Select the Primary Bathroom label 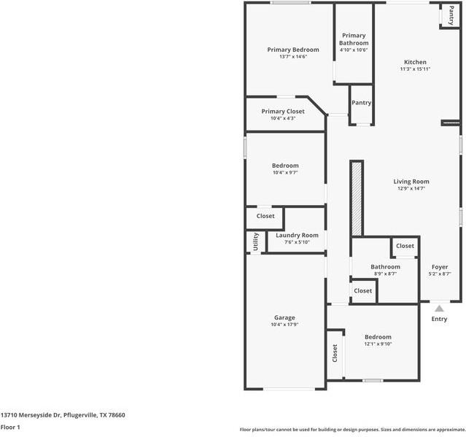click(x=354, y=39)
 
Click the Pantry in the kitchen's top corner click(x=451, y=16)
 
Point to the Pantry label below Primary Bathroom click(x=361, y=103)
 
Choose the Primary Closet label click(x=283, y=112)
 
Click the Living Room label click(x=411, y=181)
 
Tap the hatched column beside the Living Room click(x=356, y=198)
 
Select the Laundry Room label click(x=297, y=235)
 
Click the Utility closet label click(x=255, y=242)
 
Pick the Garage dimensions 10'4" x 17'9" click(x=284, y=325)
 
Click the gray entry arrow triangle click(x=439, y=309)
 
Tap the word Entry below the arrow click(x=439, y=319)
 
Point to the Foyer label click(x=440, y=267)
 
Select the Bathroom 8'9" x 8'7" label click(x=385, y=267)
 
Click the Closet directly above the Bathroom click(x=405, y=247)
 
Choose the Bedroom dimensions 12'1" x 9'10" click(x=378, y=344)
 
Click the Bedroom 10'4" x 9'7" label click(x=284, y=166)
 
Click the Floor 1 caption click(x=9, y=427)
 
